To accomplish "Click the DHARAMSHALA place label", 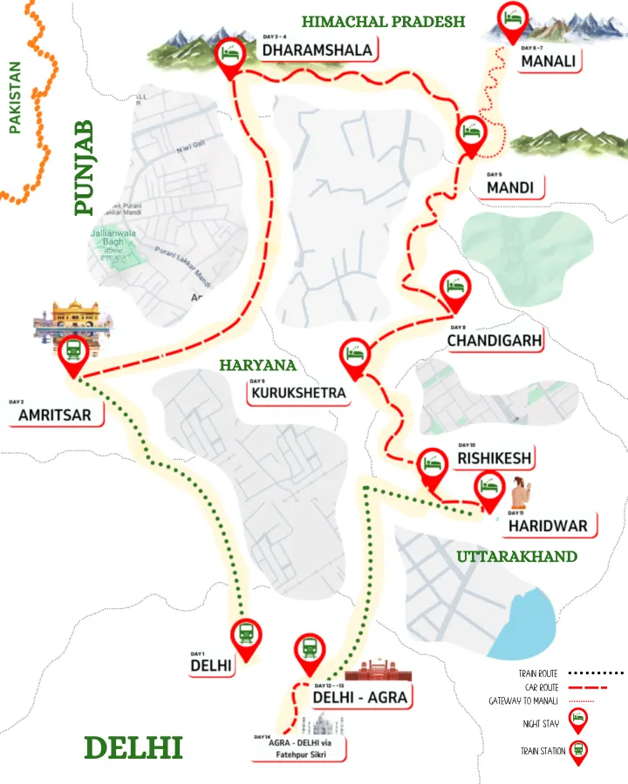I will tap(318, 51).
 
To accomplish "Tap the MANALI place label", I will tap(549, 62).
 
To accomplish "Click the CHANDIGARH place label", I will tap(495, 340).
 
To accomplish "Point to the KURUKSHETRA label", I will tap(298, 394).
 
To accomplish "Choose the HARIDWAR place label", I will tap(554, 525).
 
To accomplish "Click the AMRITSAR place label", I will tap(55, 416).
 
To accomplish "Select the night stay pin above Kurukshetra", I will tap(354, 353).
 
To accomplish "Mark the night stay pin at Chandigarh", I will tap(455, 286).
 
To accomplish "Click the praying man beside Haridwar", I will tap(520, 494).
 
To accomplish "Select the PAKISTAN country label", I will tap(15, 96).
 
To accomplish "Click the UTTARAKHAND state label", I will tap(517, 556).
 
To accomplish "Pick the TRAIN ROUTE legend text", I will tap(537, 673).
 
